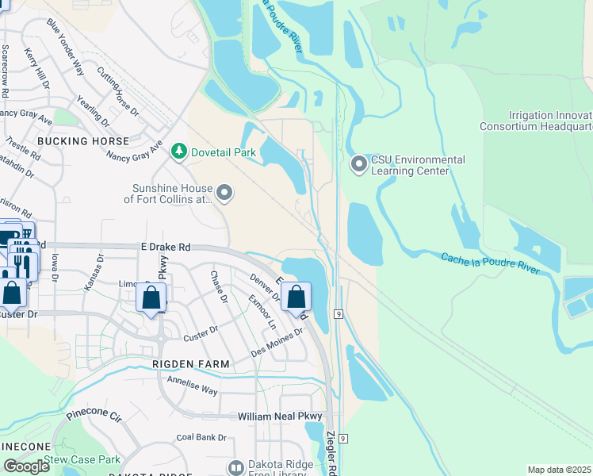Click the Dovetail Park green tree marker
pyautogui.click(x=180, y=151)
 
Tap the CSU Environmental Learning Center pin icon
pyautogui.click(x=359, y=164)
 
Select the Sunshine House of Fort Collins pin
pyautogui.click(x=225, y=193)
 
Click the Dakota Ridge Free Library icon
pyautogui.click(x=235, y=468)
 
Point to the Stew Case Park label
pyautogui.click(x=82, y=459)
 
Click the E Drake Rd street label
pyautogui.click(x=165, y=248)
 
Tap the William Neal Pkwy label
pyautogui.click(x=281, y=416)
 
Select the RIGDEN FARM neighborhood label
pyautogui.click(x=191, y=364)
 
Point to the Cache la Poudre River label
pyautogui.click(x=490, y=263)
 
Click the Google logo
pyautogui.click(x=26, y=466)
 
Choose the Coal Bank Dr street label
pyautogui.click(x=201, y=437)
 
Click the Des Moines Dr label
pyautogui.click(x=277, y=342)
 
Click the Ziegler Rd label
pyautogui.click(x=332, y=453)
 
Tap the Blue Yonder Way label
pyautogui.click(x=66, y=48)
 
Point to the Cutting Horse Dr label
pyautogui.click(x=117, y=91)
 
